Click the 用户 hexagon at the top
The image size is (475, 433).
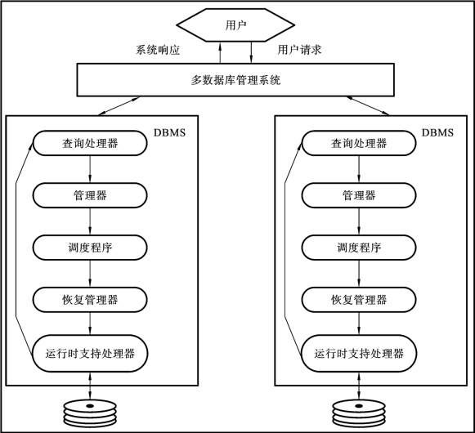click(235, 25)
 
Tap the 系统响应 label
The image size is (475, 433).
click(158, 50)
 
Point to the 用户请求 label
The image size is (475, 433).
click(299, 50)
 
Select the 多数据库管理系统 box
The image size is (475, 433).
click(235, 80)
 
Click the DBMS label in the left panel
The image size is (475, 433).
click(169, 132)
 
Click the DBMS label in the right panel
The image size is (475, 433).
click(437, 132)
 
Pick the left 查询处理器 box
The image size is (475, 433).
click(90, 143)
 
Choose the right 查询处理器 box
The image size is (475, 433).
click(359, 143)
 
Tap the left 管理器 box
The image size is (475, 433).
click(90, 195)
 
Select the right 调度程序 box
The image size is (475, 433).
click(359, 248)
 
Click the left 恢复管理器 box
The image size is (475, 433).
click(90, 300)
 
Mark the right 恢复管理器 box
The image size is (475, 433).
click(359, 300)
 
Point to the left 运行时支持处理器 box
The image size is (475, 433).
click(90, 354)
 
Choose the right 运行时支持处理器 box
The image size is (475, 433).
click(359, 354)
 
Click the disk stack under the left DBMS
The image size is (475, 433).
click(90, 413)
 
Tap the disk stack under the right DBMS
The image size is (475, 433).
click(359, 413)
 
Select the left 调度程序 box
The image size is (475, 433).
click(90, 248)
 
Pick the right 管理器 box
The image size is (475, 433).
click(359, 195)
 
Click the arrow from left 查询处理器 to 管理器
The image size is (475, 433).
click(90, 169)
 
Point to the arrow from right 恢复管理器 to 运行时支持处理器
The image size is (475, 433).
click(359, 324)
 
